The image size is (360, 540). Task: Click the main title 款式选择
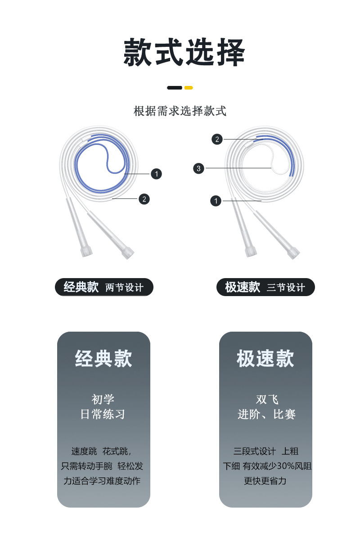pos(184,52)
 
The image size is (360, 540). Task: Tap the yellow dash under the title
pos(189,88)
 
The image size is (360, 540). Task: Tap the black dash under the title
pos(175,88)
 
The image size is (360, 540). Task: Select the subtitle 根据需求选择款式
pos(180,111)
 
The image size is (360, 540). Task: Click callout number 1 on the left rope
pos(156,174)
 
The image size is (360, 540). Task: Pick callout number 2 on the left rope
pos(144,199)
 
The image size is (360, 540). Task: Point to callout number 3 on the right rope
pos(199,168)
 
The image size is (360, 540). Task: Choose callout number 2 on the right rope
pos(217,139)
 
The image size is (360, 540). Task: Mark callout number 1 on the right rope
pos(216,201)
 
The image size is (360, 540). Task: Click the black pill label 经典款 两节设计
pos(104,287)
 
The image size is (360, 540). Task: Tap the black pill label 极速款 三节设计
pos(265,287)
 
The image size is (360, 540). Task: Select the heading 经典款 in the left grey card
pos(103,359)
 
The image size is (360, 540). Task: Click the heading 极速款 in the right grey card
pos(265,359)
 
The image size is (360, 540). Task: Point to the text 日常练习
pos(103,414)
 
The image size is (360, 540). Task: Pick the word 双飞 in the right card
pos(267,400)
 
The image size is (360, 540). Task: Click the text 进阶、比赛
pos(266,414)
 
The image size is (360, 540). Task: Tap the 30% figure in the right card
pos(285,466)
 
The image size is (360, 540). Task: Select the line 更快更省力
pos(265,481)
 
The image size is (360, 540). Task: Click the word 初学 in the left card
pos(103,400)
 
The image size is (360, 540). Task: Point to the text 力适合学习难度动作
pos(102,481)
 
